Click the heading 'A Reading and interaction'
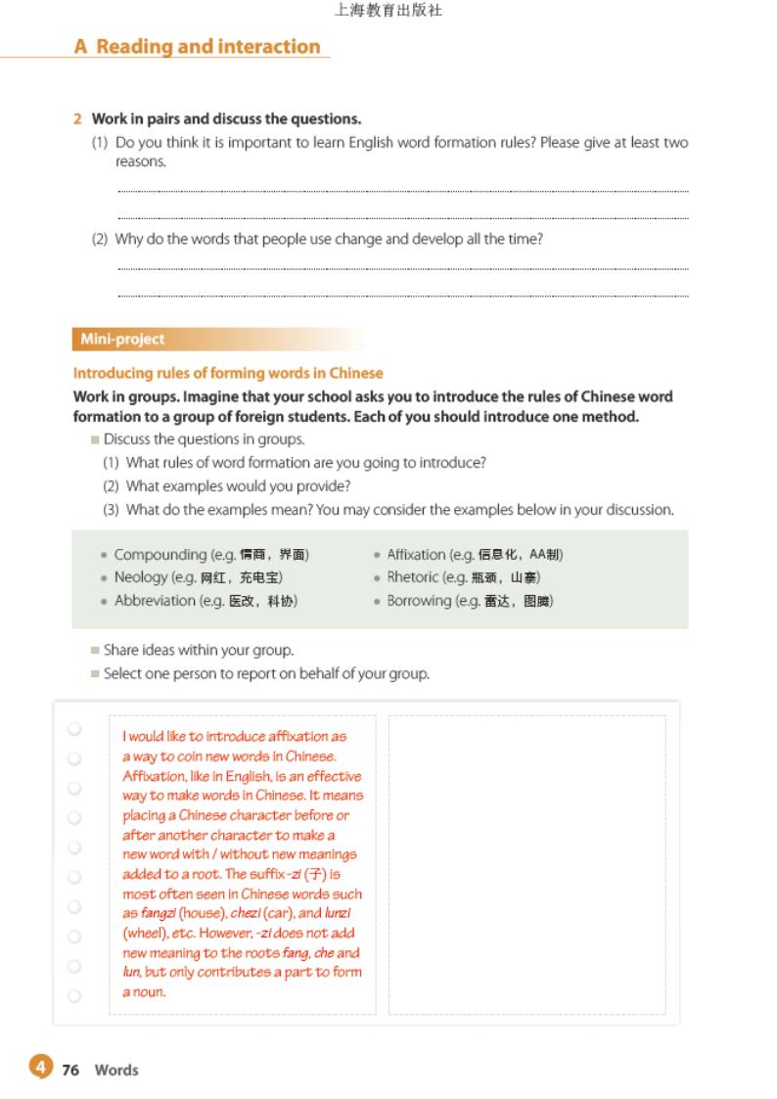[197, 47]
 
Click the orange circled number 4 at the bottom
[39, 1068]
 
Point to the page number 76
[70, 1070]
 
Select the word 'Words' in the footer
[116, 1070]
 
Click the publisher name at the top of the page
[388, 12]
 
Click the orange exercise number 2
[77, 119]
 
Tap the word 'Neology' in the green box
[141, 577]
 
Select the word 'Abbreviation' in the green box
[155, 601]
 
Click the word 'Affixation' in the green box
[416, 555]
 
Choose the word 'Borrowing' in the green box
[418, 601]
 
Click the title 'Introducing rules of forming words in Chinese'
[228, 373]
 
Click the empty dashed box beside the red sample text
[526, 864]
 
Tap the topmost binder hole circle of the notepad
[74, 729]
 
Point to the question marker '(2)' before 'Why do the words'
[100, 239]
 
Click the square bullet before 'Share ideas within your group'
[95, 650]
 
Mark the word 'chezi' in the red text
[247, 913]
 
